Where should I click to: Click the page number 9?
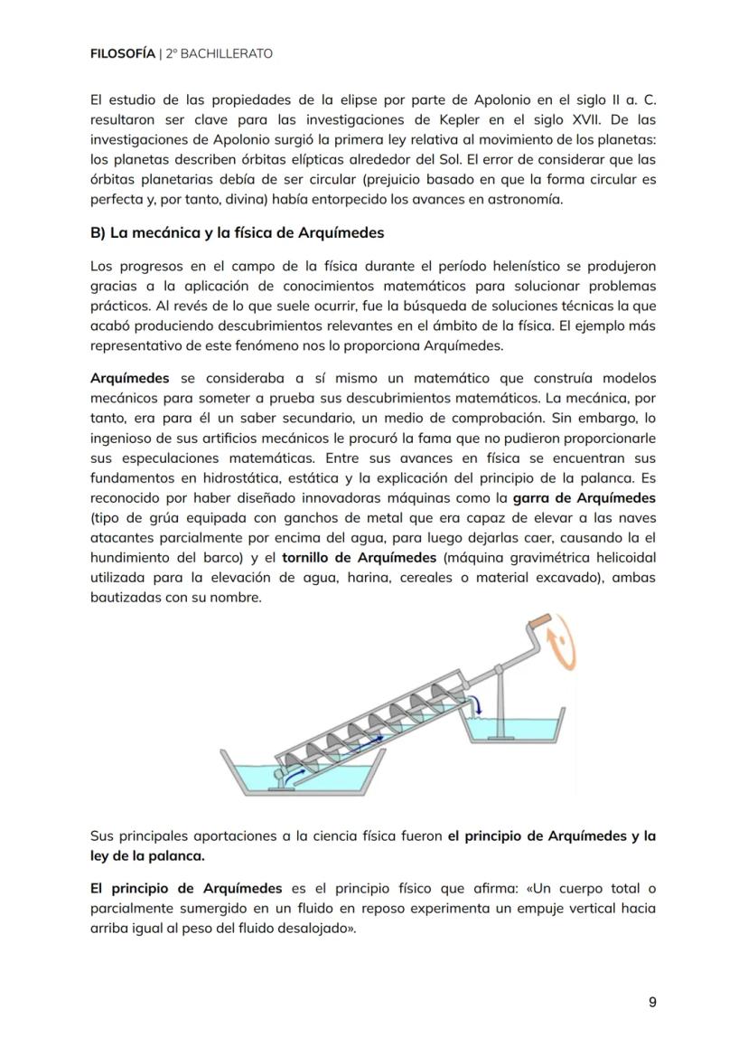652,1002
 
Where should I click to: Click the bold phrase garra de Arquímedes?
584,498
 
